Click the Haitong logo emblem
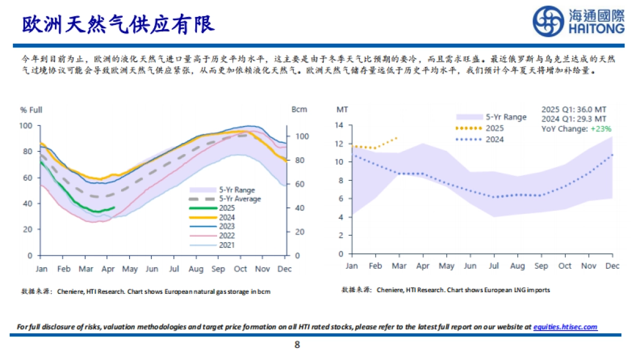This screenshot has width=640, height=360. pos(549,22)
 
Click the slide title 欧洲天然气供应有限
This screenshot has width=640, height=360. pos(118,23)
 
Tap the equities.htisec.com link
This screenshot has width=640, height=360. pos(565,327)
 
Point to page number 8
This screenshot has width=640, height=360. pos(297,345)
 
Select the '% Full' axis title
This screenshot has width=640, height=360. pos(31,110)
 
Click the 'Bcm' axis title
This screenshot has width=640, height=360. pos(299,110)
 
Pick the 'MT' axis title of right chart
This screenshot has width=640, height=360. pos(342,110)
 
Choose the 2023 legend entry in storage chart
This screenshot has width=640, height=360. pos(227,227)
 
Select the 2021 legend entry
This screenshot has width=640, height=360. pos(227,245)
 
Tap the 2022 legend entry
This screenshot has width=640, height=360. pos(227,236)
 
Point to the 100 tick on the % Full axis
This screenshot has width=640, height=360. pos(26,126)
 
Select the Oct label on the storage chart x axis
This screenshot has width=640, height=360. pos(241,269)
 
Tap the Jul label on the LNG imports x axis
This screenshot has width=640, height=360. pos(495,266)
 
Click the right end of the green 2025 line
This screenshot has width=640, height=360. pos(114,207)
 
